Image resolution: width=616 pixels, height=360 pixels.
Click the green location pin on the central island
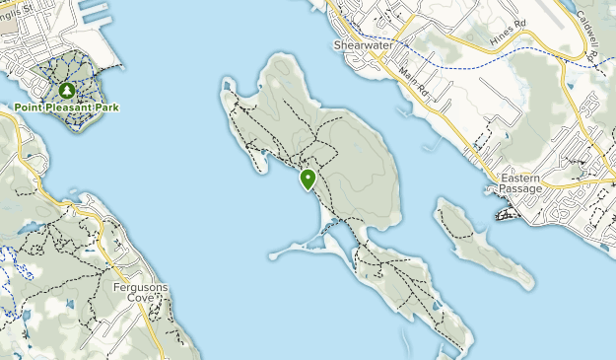click(x=308, y=179)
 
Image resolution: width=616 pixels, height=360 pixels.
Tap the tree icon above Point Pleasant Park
click(x=67, y=91)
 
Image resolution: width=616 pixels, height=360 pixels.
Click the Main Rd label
click(x=415, y=80)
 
